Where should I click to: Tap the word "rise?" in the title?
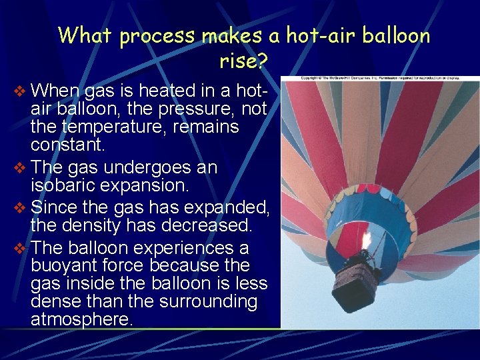243,62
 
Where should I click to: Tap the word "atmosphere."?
82,319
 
